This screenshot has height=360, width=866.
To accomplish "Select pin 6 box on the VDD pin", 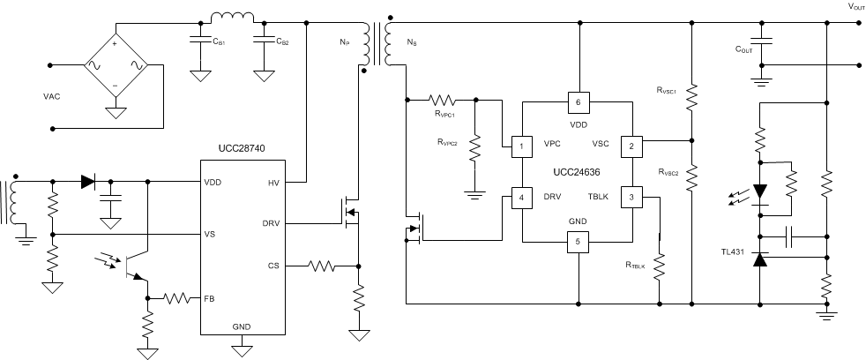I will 578,103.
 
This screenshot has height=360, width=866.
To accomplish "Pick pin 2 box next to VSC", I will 632,146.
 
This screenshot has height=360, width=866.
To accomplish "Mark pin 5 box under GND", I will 578,241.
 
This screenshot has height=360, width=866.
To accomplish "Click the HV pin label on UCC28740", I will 273,183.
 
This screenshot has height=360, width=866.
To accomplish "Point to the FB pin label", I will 209,298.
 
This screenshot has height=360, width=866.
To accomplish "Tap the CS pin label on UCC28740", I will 274,265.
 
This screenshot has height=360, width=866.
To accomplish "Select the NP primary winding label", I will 345,41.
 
